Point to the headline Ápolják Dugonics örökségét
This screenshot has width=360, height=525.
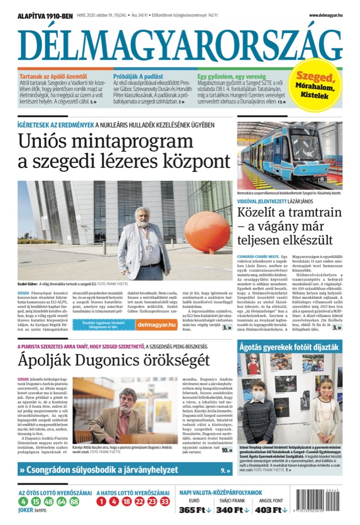(x=114, y=361)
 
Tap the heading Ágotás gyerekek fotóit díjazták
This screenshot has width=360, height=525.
(x=289, y=347)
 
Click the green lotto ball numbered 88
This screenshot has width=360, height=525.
(x=74, y=502)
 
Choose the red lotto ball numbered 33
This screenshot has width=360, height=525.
(x=165, y=502)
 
